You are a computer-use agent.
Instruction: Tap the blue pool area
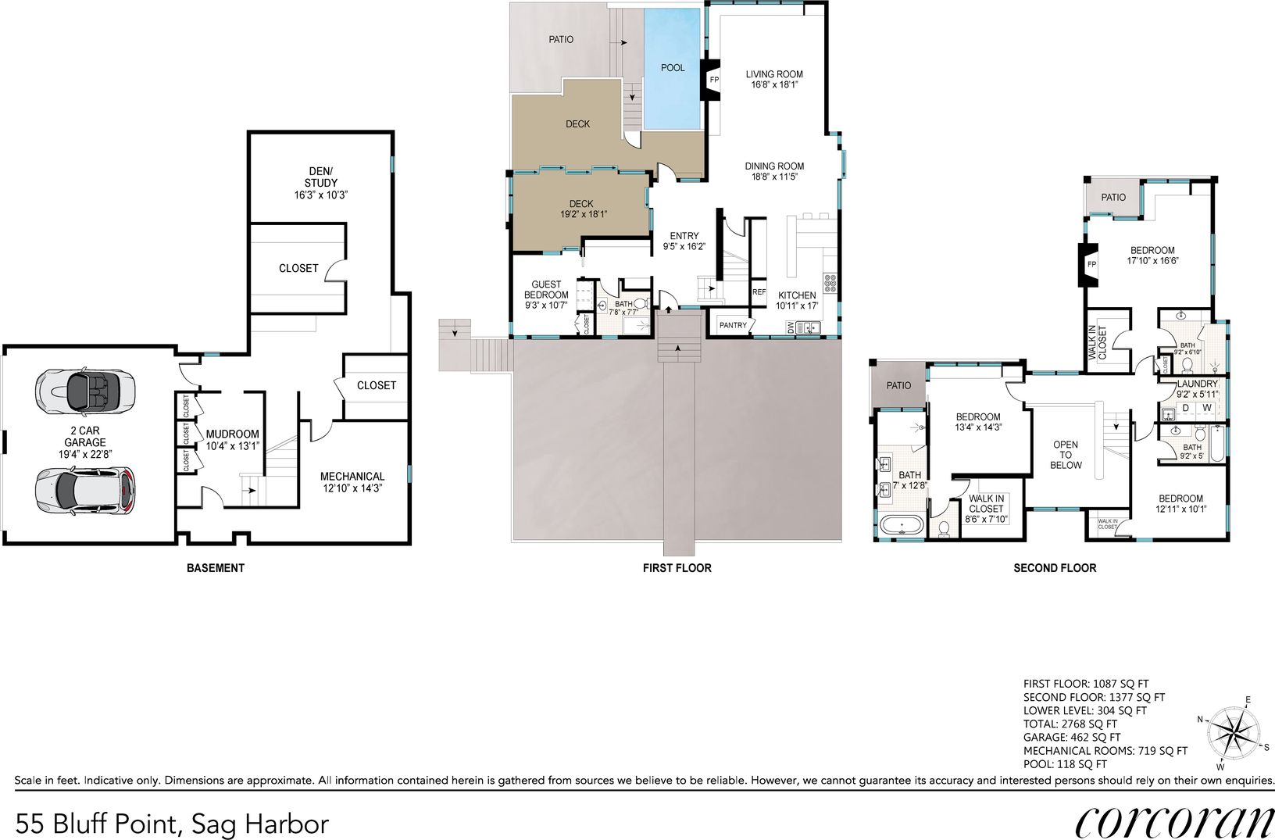[x=672, y=69]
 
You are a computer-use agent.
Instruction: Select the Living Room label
[x=774, y=79]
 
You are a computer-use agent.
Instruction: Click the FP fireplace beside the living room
[x=712, y=80]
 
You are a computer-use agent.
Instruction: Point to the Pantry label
[x=733, y=325]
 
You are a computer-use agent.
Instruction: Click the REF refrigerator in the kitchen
[x=759, y=292]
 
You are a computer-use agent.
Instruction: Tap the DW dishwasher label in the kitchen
[x=791, y=327]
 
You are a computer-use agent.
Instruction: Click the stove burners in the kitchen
[x=830, y=283]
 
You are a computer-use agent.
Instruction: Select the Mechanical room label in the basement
[x=352, y=482]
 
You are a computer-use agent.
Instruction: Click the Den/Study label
[x=320, y=183]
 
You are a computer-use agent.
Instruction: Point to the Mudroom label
[x=232, y=440]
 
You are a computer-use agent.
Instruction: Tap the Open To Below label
[x=1066, y=455]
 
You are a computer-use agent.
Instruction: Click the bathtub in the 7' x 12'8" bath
[x=902, y=524]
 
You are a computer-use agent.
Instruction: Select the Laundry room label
[x=1198, y=388]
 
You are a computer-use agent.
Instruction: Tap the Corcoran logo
[x=1173, y=824]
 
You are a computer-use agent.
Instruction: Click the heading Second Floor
[x=1055, y=568]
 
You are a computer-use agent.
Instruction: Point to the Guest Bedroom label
[x=546, y=295]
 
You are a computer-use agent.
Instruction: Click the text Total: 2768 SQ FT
[x=1070, y=724]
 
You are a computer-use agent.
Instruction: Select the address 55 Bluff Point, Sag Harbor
[x=172, y=824]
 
